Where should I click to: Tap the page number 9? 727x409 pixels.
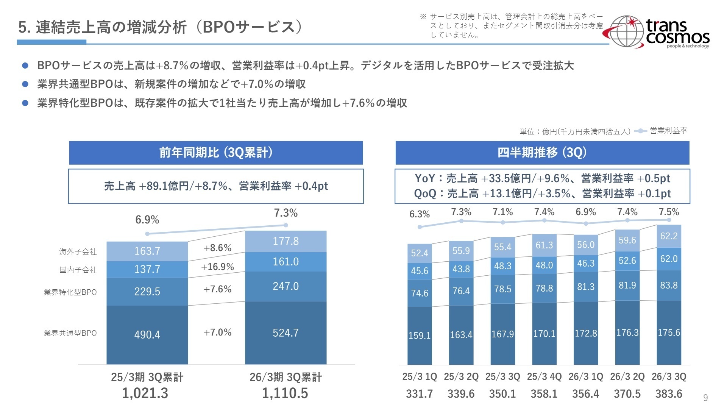705,397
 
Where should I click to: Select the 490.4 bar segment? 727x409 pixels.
147,335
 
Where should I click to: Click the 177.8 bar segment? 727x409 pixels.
285,241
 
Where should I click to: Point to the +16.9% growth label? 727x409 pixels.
217,267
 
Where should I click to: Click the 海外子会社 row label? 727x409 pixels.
78,252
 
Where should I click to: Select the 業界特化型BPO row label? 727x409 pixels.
70,292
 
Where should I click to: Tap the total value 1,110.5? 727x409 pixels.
285,393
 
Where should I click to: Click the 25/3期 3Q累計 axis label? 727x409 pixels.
147,377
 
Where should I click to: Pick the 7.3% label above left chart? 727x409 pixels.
285,213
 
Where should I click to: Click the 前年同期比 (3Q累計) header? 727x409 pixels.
216,153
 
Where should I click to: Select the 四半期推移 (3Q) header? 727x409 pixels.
542,153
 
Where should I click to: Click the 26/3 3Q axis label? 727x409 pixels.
669,377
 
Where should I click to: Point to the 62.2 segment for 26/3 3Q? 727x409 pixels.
669,236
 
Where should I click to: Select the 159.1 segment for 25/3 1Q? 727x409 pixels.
419,336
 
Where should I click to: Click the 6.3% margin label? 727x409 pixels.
419,214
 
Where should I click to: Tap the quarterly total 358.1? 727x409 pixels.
544,394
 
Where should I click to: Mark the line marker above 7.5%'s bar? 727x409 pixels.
669,220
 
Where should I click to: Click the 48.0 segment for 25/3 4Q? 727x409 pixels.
544,265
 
